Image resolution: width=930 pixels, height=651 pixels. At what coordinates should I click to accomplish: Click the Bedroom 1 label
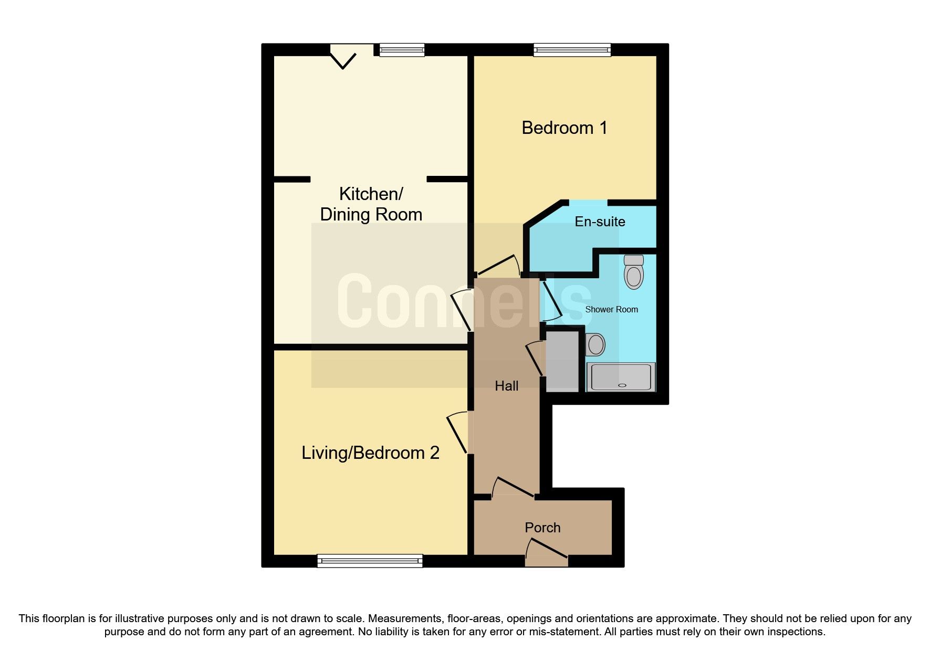[564, 128]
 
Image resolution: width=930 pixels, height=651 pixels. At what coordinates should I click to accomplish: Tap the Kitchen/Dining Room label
[371, 204]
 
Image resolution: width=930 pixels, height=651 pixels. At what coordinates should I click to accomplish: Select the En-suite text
[600, 222]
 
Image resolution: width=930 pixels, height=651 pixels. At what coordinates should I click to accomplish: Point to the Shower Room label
[611, 309]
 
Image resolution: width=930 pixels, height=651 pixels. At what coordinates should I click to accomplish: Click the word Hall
[506, 386]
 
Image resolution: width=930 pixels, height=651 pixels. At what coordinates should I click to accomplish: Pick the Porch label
[542, 528]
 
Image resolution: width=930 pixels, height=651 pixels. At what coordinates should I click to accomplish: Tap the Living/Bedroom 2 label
[370, 453]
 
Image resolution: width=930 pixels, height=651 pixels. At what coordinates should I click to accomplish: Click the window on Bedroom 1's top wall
[572, 50]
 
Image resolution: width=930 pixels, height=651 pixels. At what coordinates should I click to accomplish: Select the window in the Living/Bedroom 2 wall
[370, 561]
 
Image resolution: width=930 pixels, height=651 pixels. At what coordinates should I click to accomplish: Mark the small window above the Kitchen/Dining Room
[402, 50]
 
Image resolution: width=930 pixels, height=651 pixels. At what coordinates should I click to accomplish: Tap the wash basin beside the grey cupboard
[595, 344]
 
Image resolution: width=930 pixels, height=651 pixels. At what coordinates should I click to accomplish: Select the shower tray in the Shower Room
[621, 377]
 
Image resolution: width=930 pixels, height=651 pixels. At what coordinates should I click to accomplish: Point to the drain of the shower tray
[622, 385]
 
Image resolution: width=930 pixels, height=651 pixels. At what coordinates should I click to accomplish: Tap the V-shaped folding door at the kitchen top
[343, 57]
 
